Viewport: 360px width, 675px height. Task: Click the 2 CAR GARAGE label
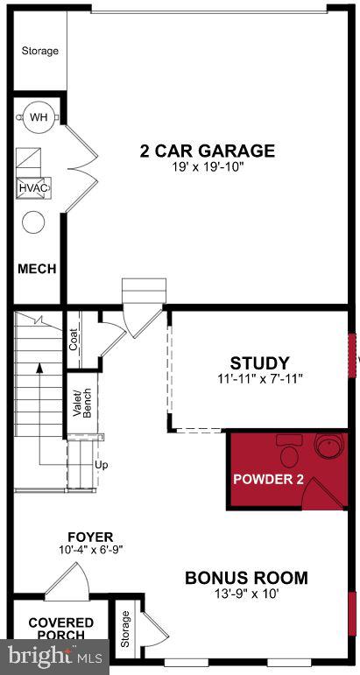tap(207, 151)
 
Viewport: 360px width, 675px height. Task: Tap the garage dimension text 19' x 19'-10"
tap(208, 168)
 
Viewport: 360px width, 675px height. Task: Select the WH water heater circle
tap(39, 117)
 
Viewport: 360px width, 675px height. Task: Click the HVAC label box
tap(33, 187)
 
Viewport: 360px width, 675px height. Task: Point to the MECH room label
tap(37, 269)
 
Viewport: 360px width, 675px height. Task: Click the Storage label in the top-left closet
tap(39, 51)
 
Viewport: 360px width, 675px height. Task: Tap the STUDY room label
tap(259, 362)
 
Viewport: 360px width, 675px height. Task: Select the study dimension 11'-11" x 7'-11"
tap(259, 379)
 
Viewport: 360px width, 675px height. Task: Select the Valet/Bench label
tap(81, 400)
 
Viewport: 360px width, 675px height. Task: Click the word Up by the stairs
tap(101, 465)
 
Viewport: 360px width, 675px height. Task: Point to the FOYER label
tap(91, 536)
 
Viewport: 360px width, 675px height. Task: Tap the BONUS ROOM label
tap(246, 578)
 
